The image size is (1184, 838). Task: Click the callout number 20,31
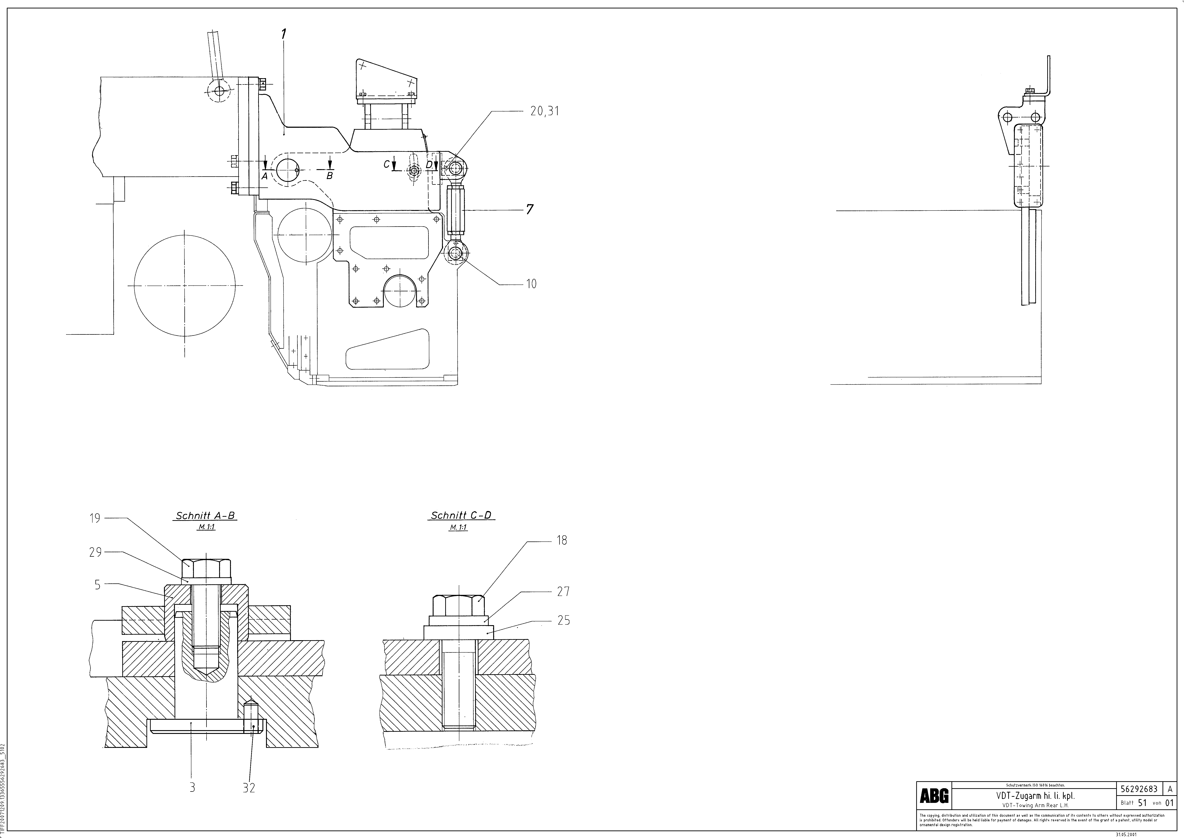point(545,111)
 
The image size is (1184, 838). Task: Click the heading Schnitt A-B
point(206,515)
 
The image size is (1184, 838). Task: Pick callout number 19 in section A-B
point(94,518)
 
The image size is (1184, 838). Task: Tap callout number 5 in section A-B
point(97,585)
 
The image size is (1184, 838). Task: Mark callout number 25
point(564,620)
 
